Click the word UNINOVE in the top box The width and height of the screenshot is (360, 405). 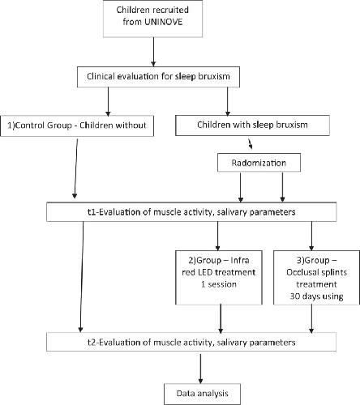click(164, 22)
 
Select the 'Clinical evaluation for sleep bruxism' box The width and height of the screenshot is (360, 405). click(158, 77)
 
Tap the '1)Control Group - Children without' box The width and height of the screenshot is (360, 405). click(77, 126)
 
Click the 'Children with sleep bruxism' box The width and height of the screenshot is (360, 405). click(252, 126)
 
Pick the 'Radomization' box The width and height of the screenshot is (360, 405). click(259, 163)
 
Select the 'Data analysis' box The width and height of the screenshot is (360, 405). click(202, 394)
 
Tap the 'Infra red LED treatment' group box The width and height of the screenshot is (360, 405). click(219, 278)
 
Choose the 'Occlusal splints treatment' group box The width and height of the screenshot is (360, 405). click(316, 278)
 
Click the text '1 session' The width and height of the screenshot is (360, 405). click(219, 284)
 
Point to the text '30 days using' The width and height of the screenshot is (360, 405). click(316, 296)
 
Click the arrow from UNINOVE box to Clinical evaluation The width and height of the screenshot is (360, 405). click(153, 52)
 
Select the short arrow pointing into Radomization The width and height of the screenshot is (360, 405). click(251, 144)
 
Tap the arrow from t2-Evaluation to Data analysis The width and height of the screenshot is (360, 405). click(200, 369)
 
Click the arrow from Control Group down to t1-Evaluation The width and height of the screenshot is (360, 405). click(76, 168)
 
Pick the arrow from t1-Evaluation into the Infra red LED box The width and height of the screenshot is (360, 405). click(217, 236)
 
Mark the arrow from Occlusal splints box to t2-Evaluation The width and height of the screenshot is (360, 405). click(311, 319)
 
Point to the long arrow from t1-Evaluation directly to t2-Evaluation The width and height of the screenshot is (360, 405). click(82, 277)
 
